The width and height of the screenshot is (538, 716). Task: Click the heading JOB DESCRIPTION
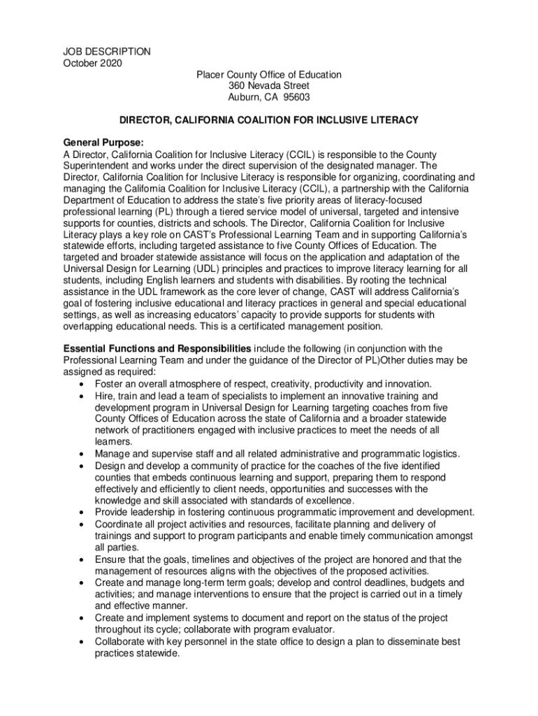pyautogui.click(x=107, y=52)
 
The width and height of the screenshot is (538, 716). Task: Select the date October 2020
pyautogui.click(x=92, y=64)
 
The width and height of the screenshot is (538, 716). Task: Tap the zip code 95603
pyautogui.click(x=296, y=98)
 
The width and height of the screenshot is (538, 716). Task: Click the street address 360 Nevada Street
pyautogui.click(x=268, y=86)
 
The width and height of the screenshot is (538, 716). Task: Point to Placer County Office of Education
pyautogui.click(x=268, y=75)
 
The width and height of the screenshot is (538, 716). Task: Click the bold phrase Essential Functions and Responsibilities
pyautogui.click(x=157, y=349)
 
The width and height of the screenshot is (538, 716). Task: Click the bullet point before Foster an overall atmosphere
pyautogui.click(x=84, y=385)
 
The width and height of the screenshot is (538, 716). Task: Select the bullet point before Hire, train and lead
pyautogui.click(x=84, y=396)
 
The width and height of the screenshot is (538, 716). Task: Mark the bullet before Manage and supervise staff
pyautogui.click(x=84, y=454)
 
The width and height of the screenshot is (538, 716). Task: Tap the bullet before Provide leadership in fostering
pyautogui.click(x=84, y=513)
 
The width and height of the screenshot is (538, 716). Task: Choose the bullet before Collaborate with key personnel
pyautogui.click(x=84, y=642)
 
